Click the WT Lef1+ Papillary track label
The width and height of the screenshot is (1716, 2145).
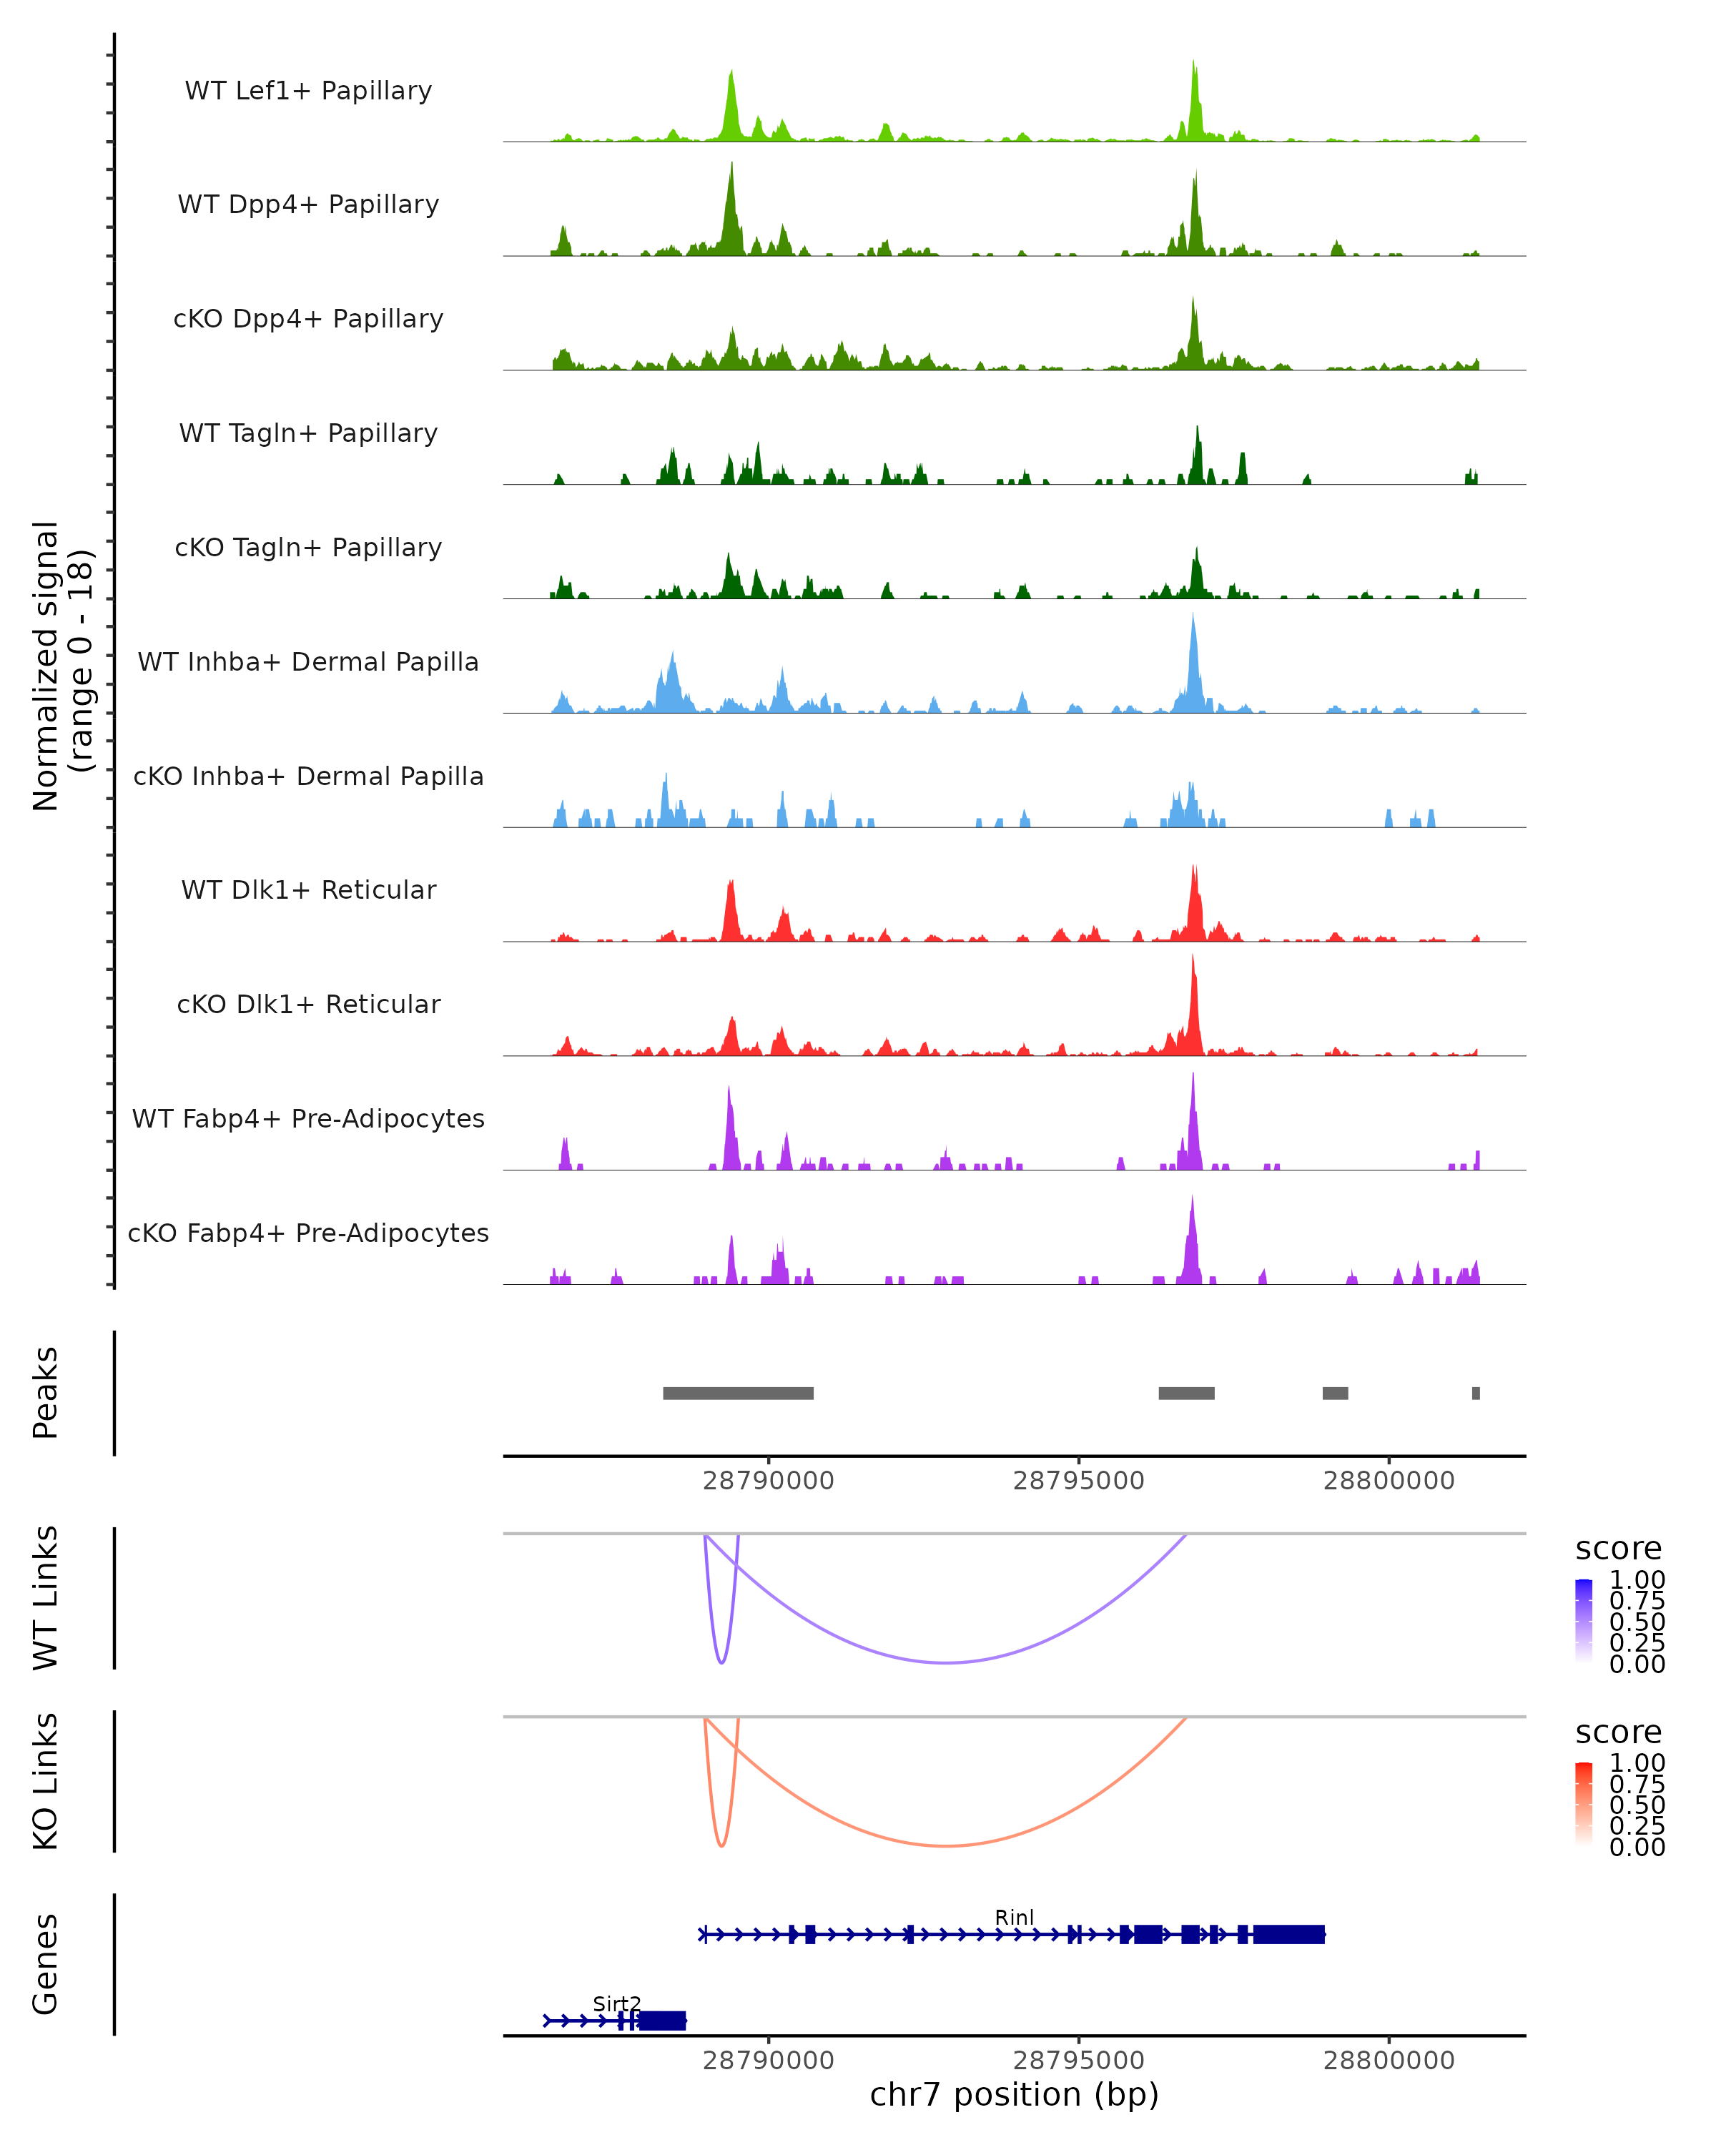[x=308, y=91]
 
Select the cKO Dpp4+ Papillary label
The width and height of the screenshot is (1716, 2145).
[x=308, y=318]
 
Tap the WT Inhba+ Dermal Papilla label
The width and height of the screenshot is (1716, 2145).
[x=308, y=661]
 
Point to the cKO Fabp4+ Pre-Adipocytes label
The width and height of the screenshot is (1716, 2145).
[x=308, y=1233]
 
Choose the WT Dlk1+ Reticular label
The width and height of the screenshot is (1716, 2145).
[x=308, y=889]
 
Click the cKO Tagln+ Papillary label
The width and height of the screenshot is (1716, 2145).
[x=308, y=547]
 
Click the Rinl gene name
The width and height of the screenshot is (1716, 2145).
[x=1014, y=1917]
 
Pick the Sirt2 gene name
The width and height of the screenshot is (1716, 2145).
[x=617, y=2003]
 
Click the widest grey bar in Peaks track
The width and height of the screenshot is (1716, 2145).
[x=738, y=1393]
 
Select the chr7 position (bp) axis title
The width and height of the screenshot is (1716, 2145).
[x=1014, y=2095]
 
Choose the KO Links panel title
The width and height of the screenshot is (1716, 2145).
[x=46, y=1781]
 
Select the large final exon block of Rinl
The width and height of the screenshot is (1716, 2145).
[x=1288, y=1934]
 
